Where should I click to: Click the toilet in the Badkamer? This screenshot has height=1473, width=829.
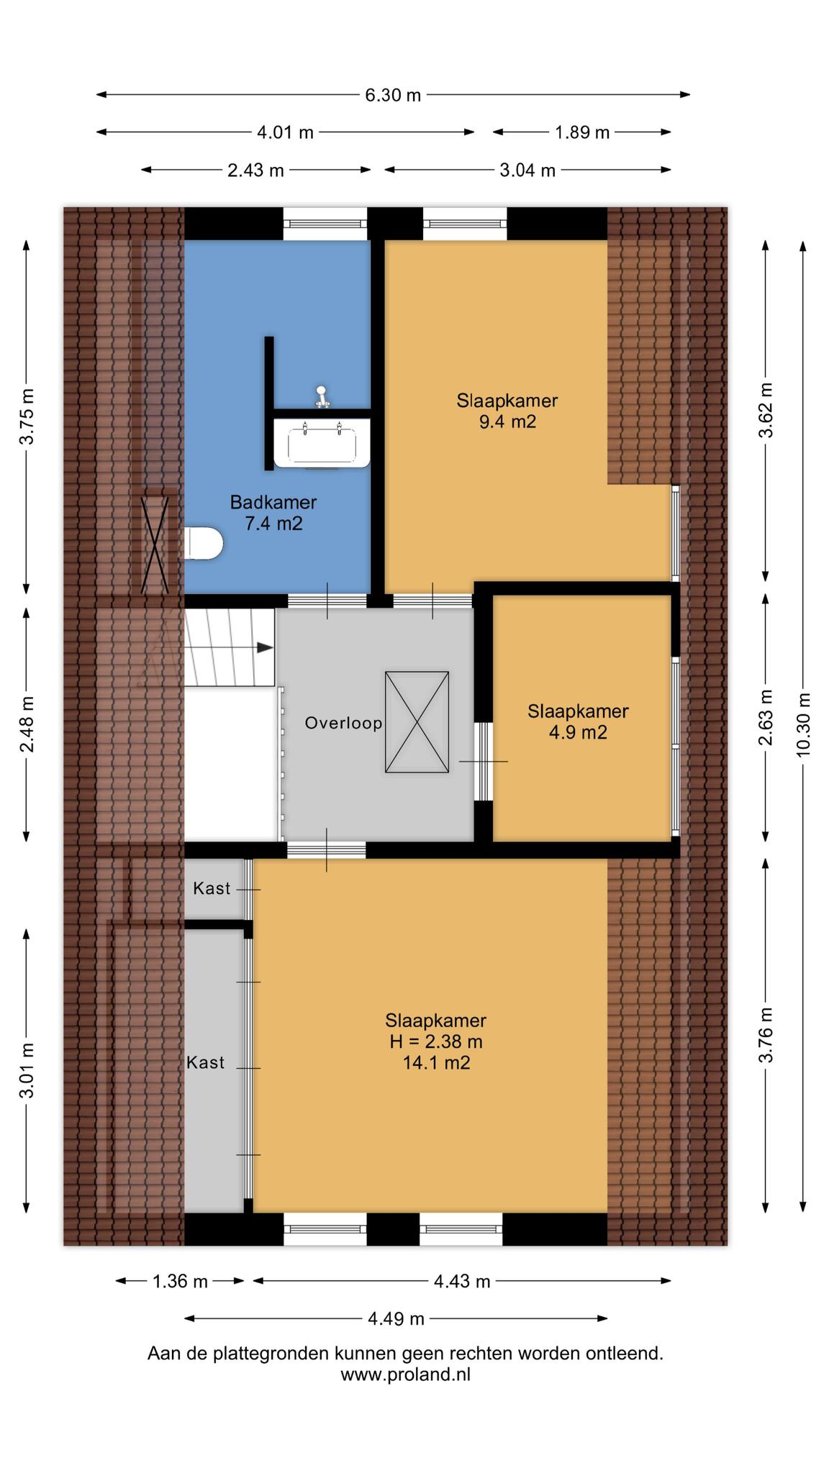pyautogui.click(x=204, y=543)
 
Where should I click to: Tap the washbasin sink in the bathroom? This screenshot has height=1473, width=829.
pyautogui.click(x=322, y=443)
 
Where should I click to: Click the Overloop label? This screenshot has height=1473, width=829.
pyautogui.click(x=343, y=723)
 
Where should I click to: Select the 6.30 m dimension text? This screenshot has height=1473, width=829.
pyautogui.click(x=393, y=95)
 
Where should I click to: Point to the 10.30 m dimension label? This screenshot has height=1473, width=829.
pyautogui.click(x=803, y=724)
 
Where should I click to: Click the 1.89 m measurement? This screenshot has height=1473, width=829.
pyautogui.click(x=582, y=132)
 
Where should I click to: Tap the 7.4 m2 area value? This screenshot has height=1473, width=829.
pyautogui.click(x=273, y=524)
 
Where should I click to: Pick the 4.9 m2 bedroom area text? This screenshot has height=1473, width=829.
pyautogui.click(x=578, y=732)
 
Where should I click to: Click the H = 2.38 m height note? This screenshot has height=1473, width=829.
pyautogui.click(x=436, y=1041)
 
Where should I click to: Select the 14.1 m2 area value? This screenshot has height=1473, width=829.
pyautogui.click(x=436, y=1062)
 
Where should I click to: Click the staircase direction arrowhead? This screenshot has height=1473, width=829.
pyautogui.click(x=265, y=647)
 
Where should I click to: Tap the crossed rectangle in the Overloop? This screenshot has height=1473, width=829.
pyautogui.click(x=417, y=722)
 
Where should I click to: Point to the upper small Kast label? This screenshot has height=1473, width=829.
pyautogui.click(x=212, y=888)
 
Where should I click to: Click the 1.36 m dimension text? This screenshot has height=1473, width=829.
pyautogui.click(x=180, y=1281)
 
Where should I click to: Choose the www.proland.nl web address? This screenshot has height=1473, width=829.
pyautogui.click(x=405, y=1374)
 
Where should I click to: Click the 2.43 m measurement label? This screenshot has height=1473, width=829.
pyautogui.click(x=255, y=170)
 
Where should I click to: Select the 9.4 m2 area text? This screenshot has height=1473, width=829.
pyautogui.click(x=507, y=421)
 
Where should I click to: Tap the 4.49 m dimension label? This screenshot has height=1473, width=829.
pyautogui.click(x=396, y=1318)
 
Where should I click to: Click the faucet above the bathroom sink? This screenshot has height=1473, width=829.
pyautogui.click(x=322, y=396)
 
